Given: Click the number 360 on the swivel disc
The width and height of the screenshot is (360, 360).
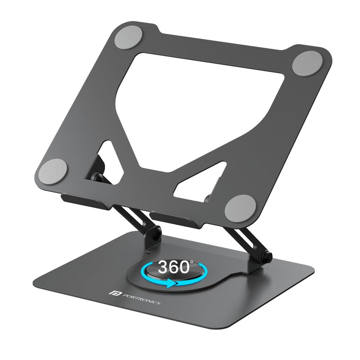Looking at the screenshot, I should tap(174, 267).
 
